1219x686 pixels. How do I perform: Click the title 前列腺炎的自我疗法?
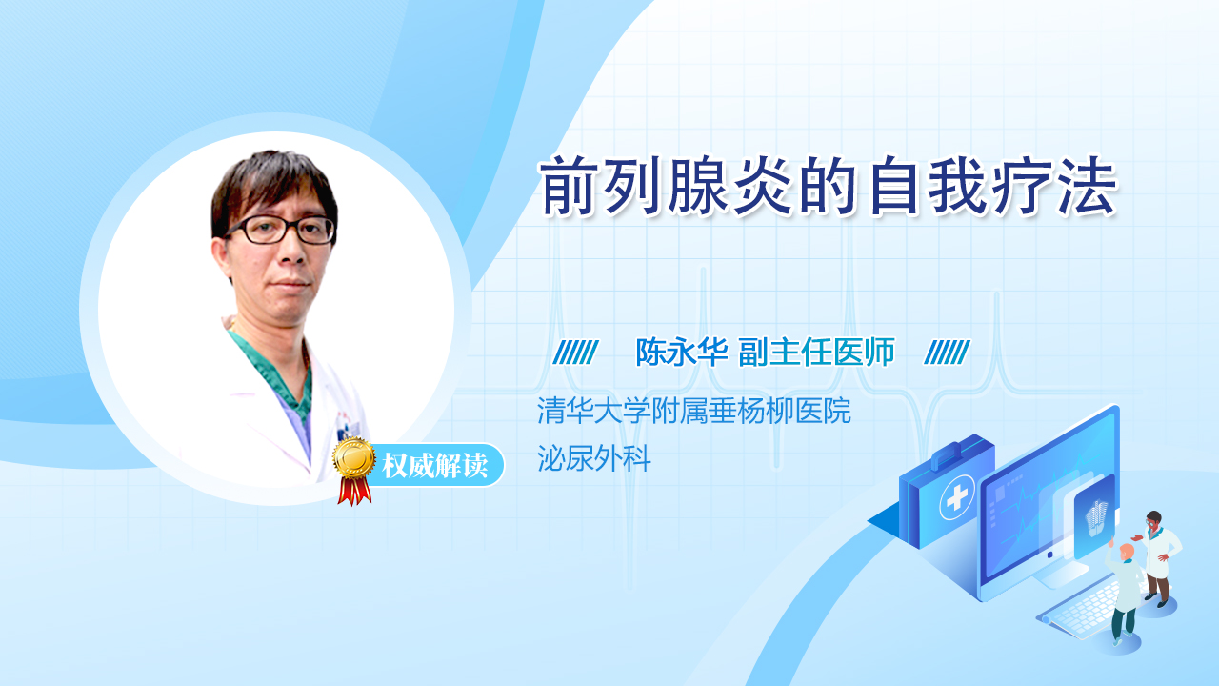click(828, 186)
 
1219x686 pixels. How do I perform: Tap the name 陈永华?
click(682, 353)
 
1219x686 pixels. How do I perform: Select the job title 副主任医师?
click(816, 353)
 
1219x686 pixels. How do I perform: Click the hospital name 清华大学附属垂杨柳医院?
click(694, 411)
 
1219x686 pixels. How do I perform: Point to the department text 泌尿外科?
click(593, 458)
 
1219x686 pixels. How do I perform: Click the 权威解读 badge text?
click(435, 466)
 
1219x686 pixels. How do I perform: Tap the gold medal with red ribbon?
click(354, 471)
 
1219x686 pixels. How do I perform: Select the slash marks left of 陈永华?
click(575, 353)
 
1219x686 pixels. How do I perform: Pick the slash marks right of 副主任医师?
click(947, 353)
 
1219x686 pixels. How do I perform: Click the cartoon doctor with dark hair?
click(1157, 558)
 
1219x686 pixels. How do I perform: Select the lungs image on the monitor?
click(1096, 517)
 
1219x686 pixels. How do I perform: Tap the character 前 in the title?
click(567, 186)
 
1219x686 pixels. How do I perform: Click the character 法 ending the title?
click(1089, 186)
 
